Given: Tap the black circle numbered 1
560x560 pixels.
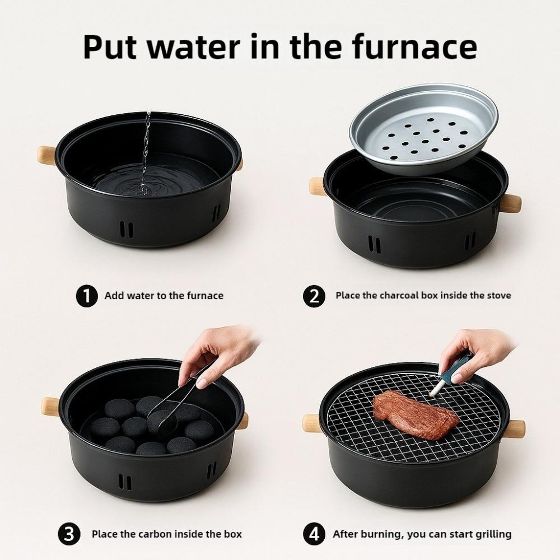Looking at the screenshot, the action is (87, 296).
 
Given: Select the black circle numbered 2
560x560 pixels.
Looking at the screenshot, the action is (314, 296).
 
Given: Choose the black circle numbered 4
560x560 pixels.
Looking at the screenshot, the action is (314, 534).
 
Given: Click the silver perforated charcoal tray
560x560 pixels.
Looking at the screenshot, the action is (424, 129).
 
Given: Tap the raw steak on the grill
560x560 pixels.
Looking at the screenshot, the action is (416, 414).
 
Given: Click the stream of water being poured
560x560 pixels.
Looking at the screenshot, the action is (146, 153).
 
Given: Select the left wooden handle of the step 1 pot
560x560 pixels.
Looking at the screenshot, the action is (47, 155).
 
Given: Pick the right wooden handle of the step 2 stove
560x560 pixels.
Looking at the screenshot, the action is (510, 203).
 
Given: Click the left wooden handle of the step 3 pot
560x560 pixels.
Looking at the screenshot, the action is (51, 407).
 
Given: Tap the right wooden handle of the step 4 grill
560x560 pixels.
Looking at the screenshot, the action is (514, 430).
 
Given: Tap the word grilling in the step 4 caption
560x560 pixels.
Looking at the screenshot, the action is (493, 535).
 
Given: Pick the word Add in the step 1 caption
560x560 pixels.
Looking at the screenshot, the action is (114, 296).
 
